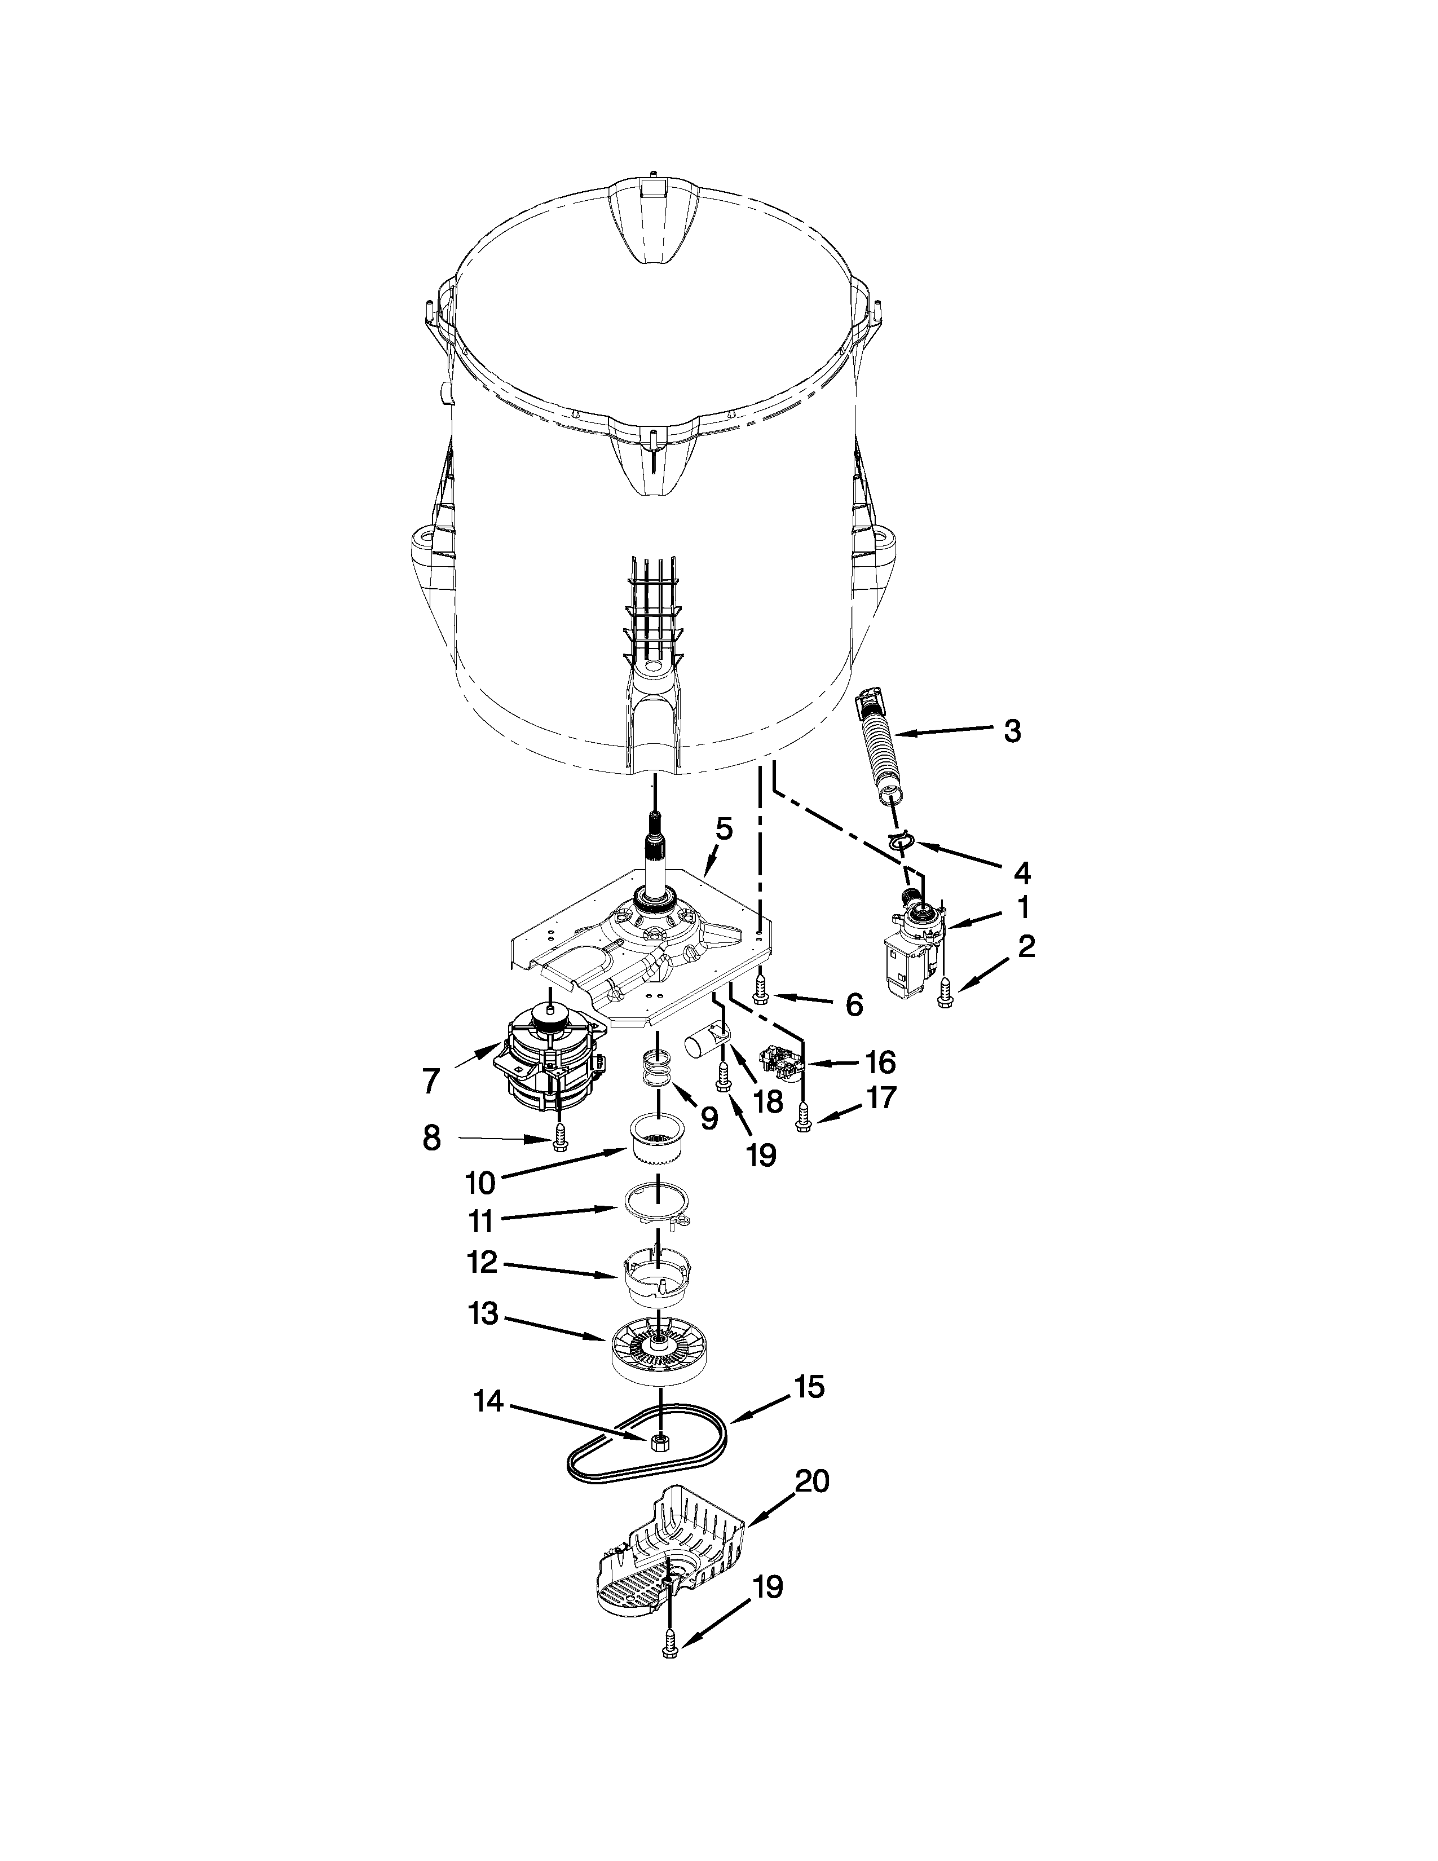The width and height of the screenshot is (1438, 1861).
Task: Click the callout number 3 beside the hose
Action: pos(1011,731)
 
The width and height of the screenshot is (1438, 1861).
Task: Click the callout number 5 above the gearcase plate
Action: pos(724,828)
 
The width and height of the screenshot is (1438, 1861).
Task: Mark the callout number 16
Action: pos(880,1062)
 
